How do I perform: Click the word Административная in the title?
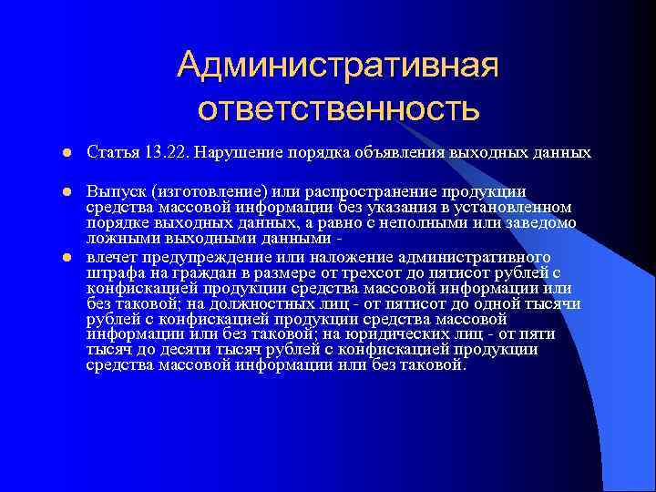coord(338,66)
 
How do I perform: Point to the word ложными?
coord(115,240)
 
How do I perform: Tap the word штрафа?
coord(114,272)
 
